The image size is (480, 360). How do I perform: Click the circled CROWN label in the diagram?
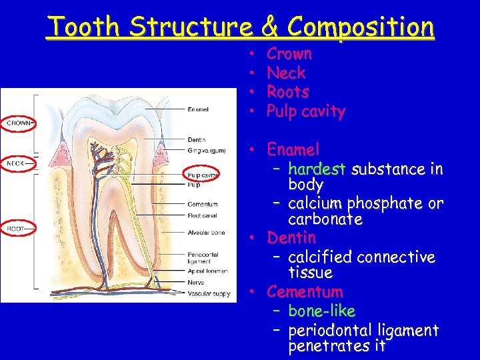pyautogui.click(x=19, y=123)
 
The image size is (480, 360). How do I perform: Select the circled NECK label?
pyautogui.click(x=16, y=163)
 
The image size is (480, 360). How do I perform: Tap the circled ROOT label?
pyautogui.click(x=16, y=229)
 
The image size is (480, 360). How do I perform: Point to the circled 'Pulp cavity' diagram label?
pyautogui.click(x=203, y=175)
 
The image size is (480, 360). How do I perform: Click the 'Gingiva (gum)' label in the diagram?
pyautogui.click(x=205, y=150)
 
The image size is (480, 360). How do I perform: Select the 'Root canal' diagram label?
pyautogui.click(x=203, y=215)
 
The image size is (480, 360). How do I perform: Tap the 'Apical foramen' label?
pyautogui.click(x=208, y=271)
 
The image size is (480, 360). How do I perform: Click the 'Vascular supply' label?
pyautogui.click(x=209, y=293)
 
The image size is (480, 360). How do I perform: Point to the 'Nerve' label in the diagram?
pyautogui.click(x=197, y=282)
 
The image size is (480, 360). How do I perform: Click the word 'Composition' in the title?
pyautogui.click(x=361, y=27)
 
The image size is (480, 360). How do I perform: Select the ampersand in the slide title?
pyautogui.click(x=269, y=27)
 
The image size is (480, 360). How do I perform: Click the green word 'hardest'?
pyautogui.click(x=317, y=169)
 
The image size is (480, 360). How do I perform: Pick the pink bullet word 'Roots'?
pyautogui.click(x=287, y=91)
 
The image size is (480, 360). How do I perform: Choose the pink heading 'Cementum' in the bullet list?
pyautogui.click(x=305, y=291)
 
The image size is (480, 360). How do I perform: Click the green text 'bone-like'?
pyautogui.click(x=321, y=311)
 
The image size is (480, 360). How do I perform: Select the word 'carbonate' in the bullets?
pyautogui.click(x=325, y=219)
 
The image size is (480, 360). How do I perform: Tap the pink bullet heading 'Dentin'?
pyautogui.click(x=291, y=237)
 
